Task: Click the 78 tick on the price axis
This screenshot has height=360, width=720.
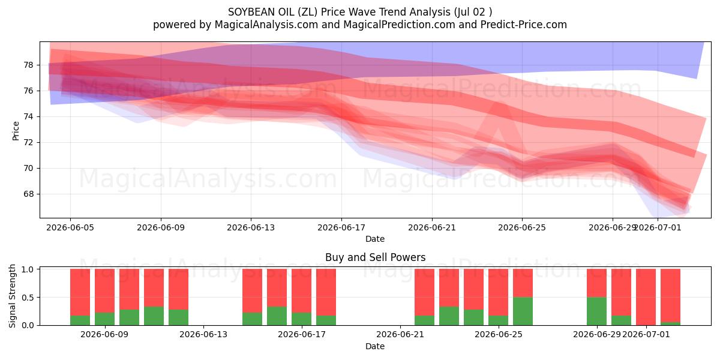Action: (28, 65)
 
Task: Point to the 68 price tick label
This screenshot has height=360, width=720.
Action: (28, 194)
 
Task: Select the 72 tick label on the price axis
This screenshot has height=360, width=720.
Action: (28, 142)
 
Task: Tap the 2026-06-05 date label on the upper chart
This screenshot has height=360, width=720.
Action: (70, 228)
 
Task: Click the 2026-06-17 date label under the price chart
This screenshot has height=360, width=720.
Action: (341, 228)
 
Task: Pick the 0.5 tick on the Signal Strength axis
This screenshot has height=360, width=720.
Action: (28, 298)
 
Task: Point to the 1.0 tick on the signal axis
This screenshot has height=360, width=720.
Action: (28, 269)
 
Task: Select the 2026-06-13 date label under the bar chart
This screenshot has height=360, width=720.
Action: (203, 335)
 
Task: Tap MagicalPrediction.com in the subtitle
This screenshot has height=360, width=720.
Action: (399, 25)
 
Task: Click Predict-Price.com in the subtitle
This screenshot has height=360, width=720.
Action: (524, 25)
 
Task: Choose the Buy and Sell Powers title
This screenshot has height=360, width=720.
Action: (375, 257)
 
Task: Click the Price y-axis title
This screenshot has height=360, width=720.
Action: (16, 131)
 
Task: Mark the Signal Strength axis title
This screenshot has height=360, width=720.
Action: (12, 296)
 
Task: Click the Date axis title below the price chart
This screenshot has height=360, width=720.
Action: (375, 239)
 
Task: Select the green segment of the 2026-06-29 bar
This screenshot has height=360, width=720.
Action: (596, 311)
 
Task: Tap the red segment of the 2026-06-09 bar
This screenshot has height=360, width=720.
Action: (105, 290)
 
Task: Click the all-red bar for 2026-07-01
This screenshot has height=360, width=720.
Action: (646, 297)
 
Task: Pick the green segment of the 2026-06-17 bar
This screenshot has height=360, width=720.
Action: (301, 319)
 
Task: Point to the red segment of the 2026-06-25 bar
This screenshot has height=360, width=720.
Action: (498, 292)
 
